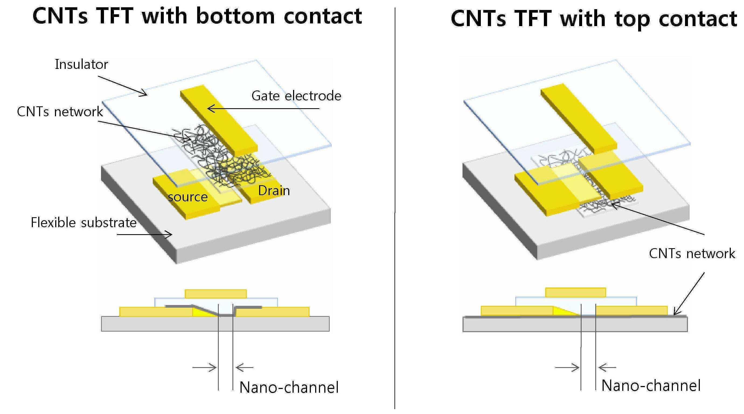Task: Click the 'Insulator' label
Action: click(81, 64)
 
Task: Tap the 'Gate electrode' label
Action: click(296, 96)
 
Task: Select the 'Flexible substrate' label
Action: click(84, 223)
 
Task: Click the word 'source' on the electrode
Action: click(188, 197)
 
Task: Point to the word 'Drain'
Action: click(274, 191)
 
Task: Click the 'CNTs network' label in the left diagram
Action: click(60, 112)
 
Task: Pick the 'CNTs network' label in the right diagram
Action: click(692, 254)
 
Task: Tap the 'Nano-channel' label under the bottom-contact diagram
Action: click(289, 387)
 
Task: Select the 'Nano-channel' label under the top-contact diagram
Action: click(651, 386)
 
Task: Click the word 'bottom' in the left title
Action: click(235, 16)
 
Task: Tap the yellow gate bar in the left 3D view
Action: click(219, 120)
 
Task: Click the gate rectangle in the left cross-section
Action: click(216, 294)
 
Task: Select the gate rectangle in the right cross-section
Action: click(576, 292)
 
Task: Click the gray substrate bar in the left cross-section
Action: click(215, 324)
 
